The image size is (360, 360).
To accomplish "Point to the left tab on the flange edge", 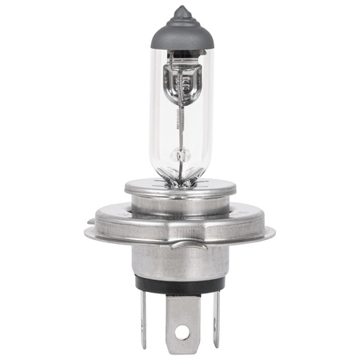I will (x=89, y=235).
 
